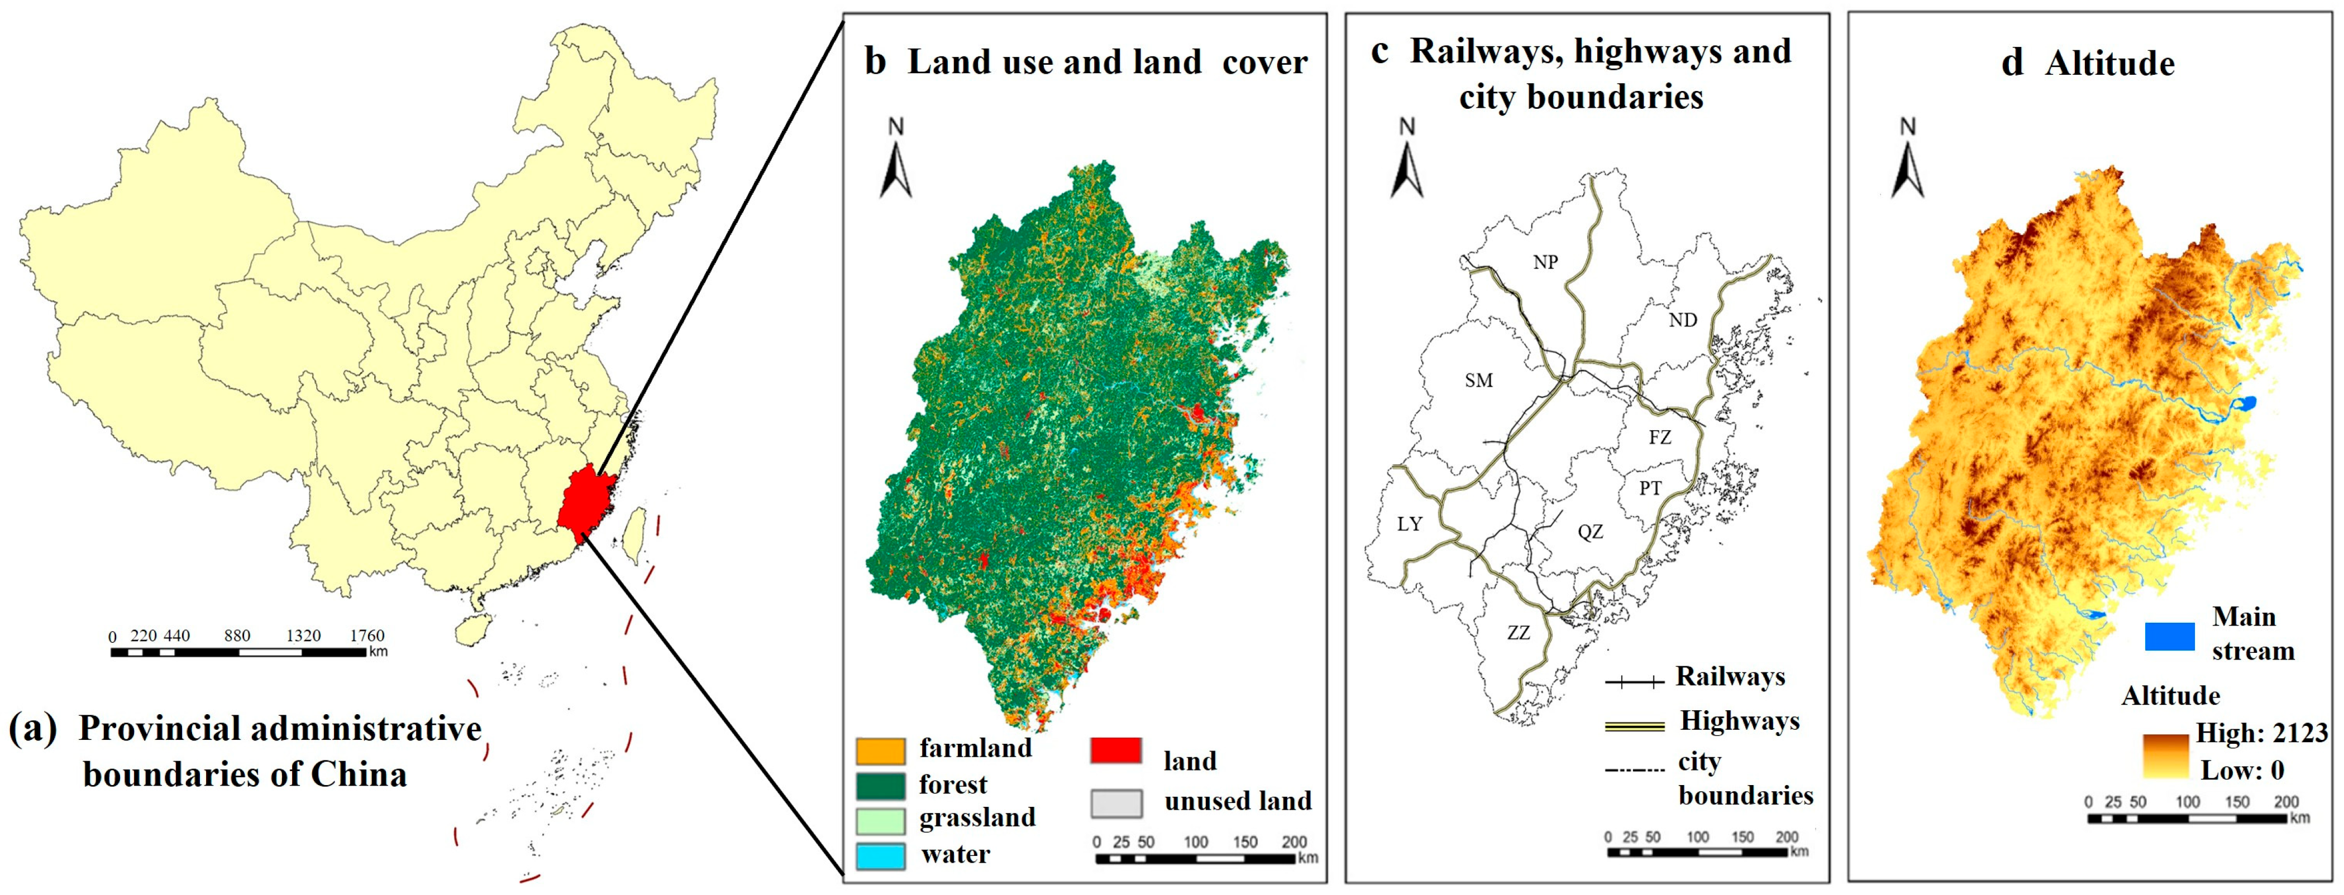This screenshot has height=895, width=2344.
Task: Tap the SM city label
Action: [x=1479, y=380]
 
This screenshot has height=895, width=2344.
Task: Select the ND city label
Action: [x=1683, y=320]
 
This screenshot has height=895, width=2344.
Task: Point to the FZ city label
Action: [x=1660, y=437]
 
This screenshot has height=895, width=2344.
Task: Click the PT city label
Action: [x=1650, y=488]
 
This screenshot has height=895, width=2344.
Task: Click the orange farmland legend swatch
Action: [x=880, y=750]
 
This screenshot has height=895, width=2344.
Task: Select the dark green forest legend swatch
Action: [x=880, y=785]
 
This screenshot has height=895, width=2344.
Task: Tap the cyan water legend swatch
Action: [x=880, y=855]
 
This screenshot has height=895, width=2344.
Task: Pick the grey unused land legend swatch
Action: [x=1115, y=803]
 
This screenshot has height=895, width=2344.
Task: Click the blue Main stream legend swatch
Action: [x=2169, y=636]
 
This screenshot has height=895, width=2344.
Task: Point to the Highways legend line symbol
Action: [x=1634, y=725]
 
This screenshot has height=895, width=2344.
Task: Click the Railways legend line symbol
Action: [x=1634, y=680]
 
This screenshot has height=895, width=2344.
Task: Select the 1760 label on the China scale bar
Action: [x=367, y=636]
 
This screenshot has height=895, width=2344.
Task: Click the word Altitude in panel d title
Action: [x=2109, y=64]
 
